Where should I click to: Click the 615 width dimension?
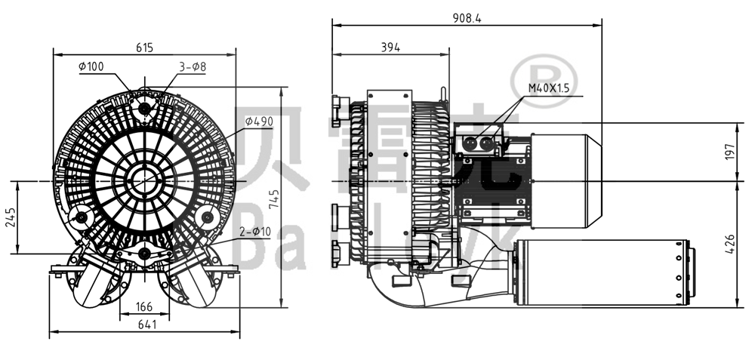[144, 47]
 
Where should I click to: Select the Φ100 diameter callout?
[91, 66]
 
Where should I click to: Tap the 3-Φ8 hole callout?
[193, 66]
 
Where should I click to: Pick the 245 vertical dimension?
[11, 218]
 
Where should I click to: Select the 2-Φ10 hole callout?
[256, 231]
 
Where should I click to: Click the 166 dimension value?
[144, 306]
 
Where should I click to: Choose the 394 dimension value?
[390, 47]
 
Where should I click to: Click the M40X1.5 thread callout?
[548, 88]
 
